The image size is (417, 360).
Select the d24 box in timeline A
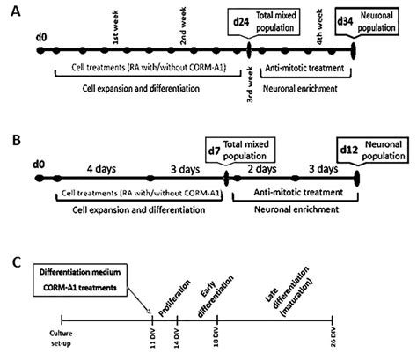pos(238,18)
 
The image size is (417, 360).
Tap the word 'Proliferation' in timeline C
pos(169,302)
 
